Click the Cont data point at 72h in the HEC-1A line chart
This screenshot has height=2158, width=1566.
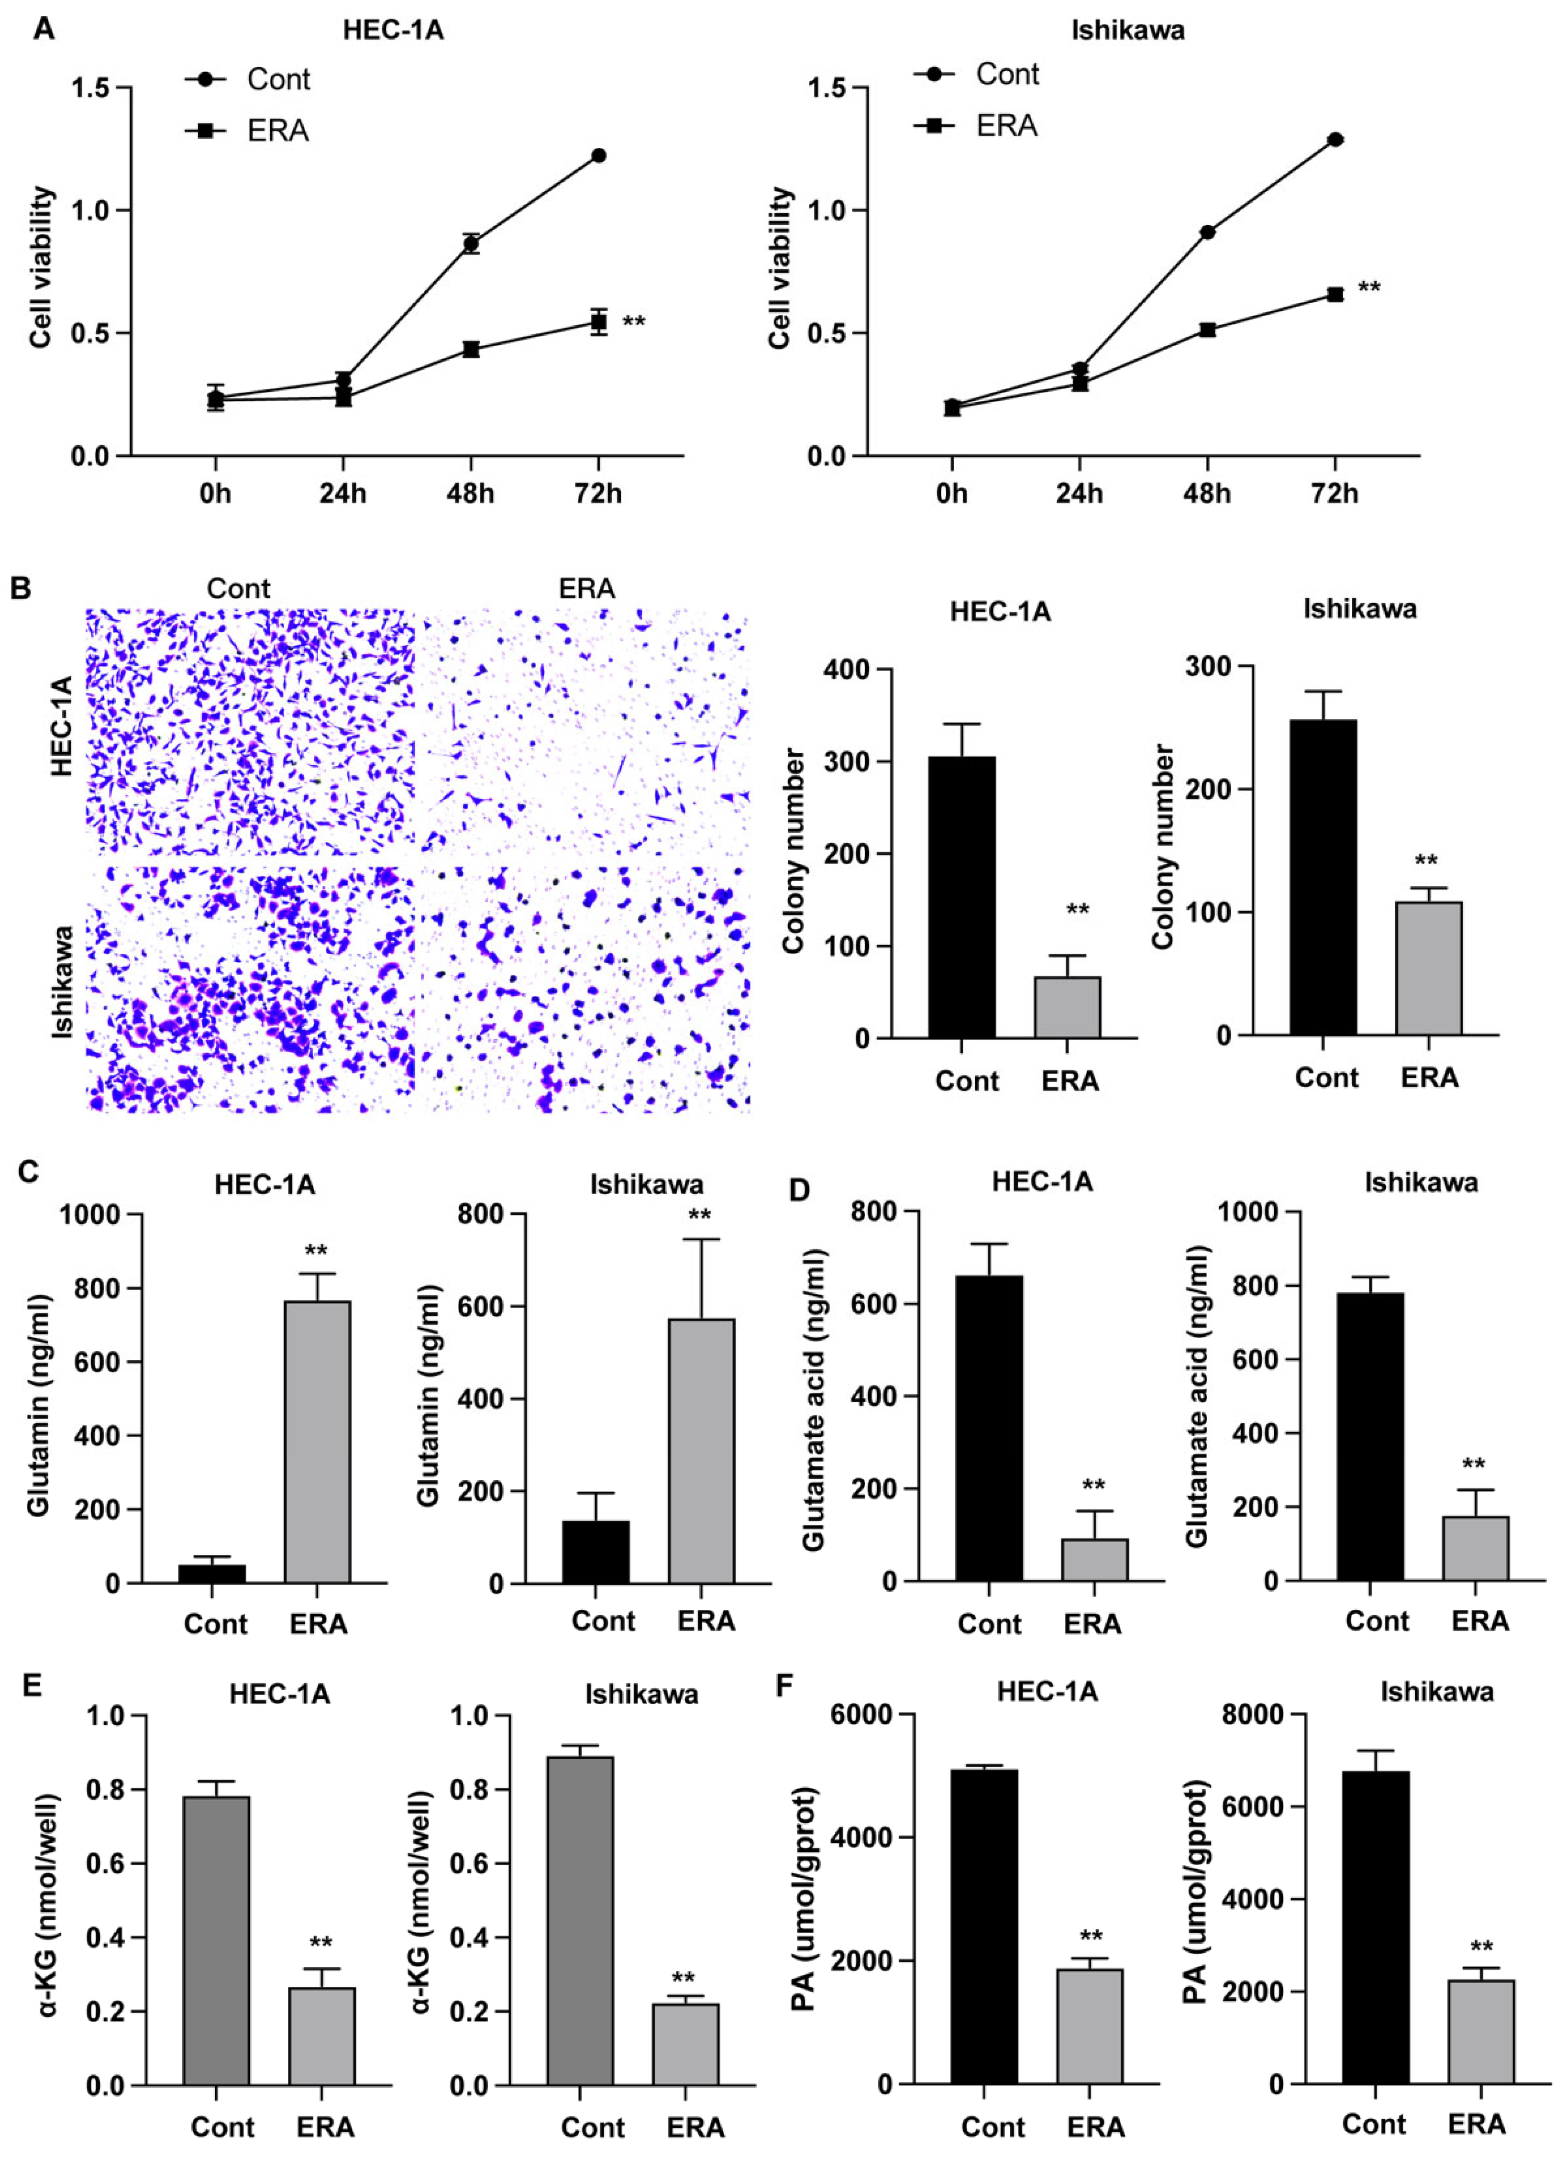coord(598,155)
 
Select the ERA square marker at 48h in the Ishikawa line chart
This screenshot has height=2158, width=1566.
coord(1207,329)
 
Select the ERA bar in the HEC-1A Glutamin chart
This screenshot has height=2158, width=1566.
coord(318,1442)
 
